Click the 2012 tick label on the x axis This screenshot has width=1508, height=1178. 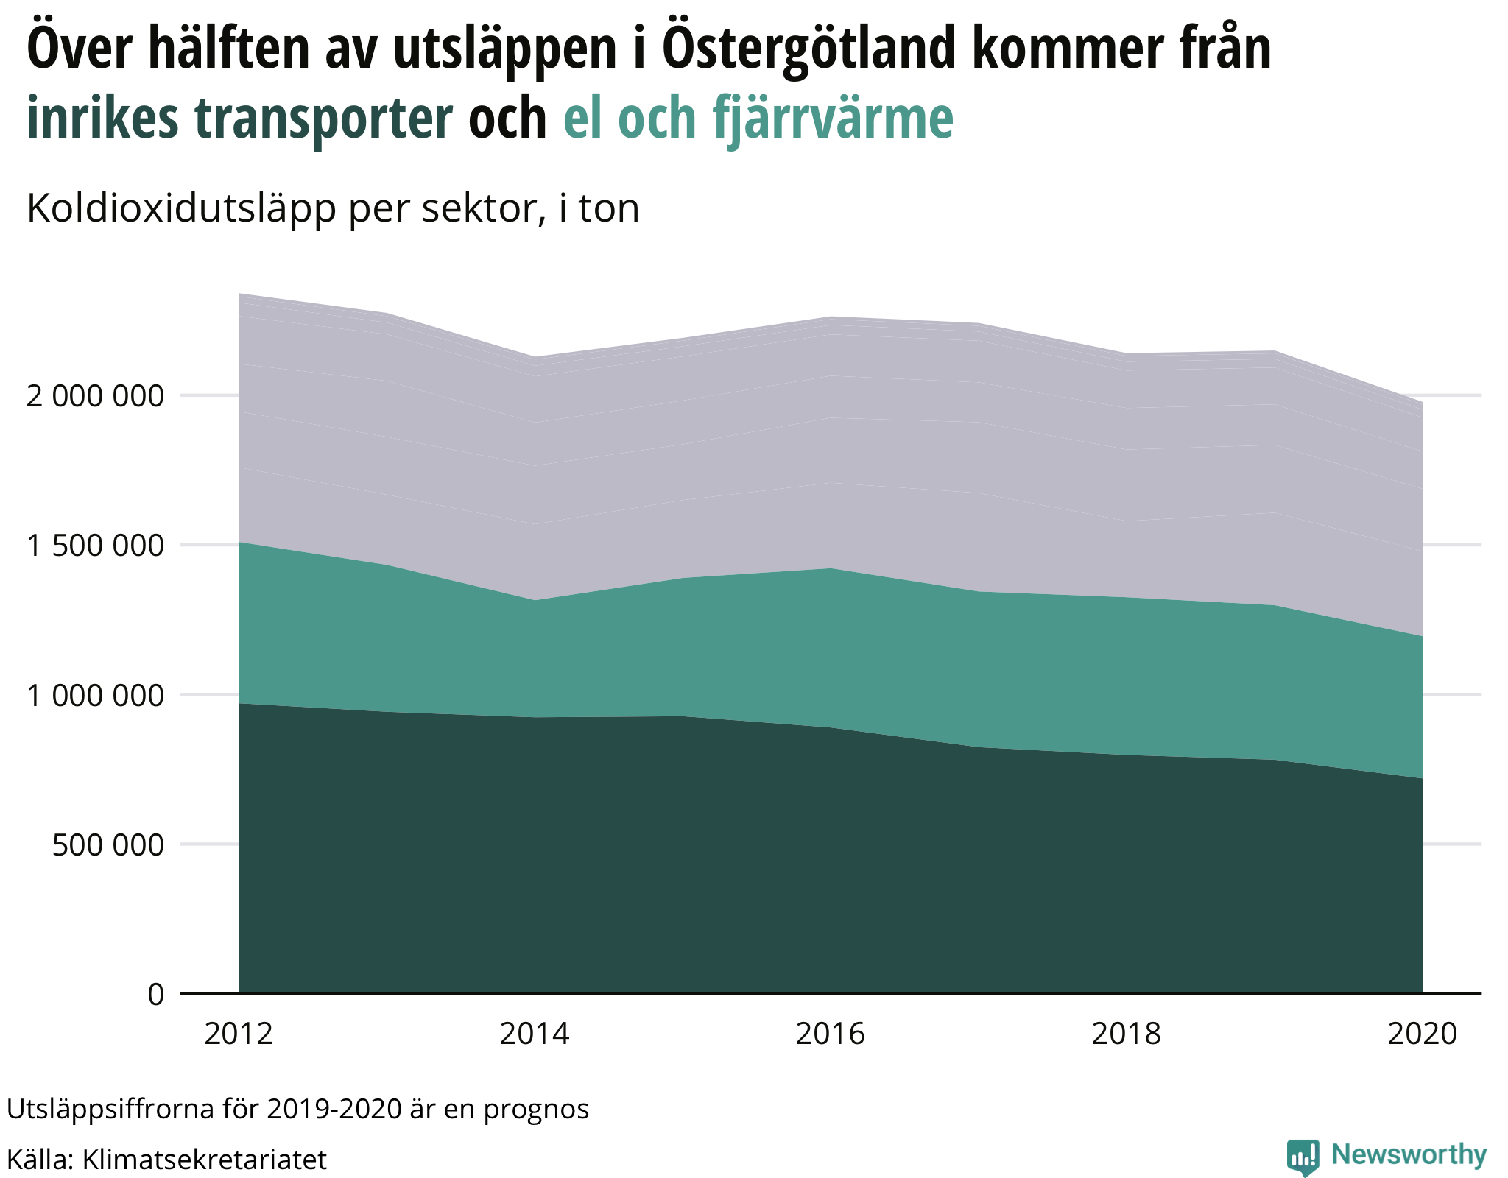pyautogui.click(x=239, y=1034)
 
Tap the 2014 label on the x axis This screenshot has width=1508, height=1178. pyautogui.click(x=535, y=1034)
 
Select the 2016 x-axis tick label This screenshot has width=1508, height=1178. pyautogui.click(x=831, y=1034)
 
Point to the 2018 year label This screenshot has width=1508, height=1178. pyautogui.click(x=1126, y=1034)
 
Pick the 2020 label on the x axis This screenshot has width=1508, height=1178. pyautogui.click(x=1422, y=1034)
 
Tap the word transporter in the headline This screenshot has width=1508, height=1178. pyautogui.click(x=324, y=118)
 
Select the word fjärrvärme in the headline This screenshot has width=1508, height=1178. pyautogui.click(x=833, y=118)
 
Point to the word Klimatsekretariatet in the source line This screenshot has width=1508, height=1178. pyautogui.click(x=205, y=1160)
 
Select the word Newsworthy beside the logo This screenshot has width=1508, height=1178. pyautogui.click(x=1409, y=1154)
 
